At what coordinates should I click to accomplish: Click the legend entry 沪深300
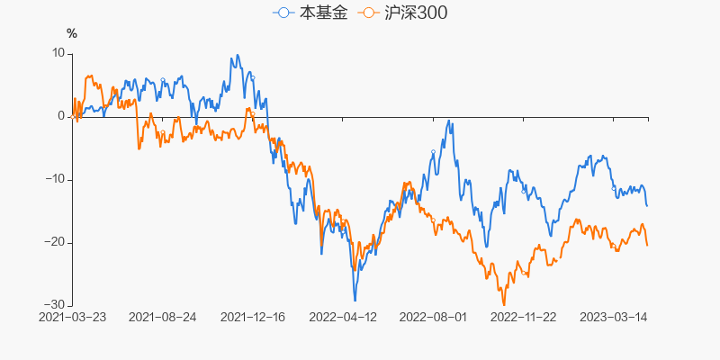(402, 13)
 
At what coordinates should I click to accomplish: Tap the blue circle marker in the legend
(284, 13)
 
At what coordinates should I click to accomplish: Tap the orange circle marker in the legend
(367, 13)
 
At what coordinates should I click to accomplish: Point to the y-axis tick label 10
(58, 53)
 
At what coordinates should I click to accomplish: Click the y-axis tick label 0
(61, 116)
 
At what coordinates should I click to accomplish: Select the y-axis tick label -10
(56, 179)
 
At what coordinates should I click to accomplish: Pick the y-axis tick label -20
(56, 242)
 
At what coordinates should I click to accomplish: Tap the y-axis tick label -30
(56, 305)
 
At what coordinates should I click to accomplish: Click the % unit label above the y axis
(72, 34)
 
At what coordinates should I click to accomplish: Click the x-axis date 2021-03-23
(72, 317)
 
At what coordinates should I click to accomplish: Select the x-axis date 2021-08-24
(163, 317)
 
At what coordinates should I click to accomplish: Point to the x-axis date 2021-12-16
(253, 317)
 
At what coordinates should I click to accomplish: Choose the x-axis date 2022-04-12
(343, 317)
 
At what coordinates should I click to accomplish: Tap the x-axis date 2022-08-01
(433, 317)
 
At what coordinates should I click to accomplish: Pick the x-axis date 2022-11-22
(523, 317)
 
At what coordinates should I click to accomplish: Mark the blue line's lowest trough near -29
(355, 300)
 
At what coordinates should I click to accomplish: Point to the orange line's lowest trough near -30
(504, 304)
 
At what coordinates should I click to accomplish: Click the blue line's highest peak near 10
(237, 55)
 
